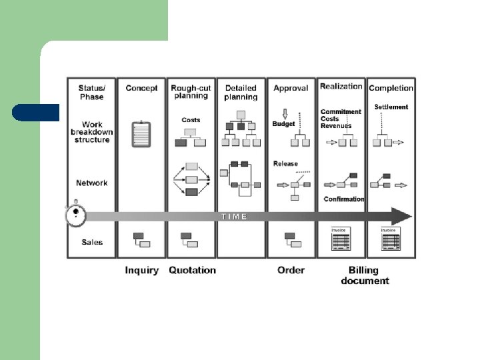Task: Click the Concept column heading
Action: [x=141, y=88]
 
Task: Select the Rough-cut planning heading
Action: [x=191, y=92]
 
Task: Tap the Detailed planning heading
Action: [x=241, y=92]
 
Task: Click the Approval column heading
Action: [x=291, y=88]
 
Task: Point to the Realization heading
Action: [x=341, y=87]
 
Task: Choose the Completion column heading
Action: [x=391, y=88]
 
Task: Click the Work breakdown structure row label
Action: [x=92, y=132]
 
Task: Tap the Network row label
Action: [x=92, y=183]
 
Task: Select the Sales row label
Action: [x=92, y=242]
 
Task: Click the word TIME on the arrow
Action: [x=235, y=216]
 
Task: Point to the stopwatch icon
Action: [x=76, y=213]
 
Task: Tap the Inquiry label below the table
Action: [x=142, y=270]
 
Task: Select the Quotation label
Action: [x=192, y=270]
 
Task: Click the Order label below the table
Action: [x=291, y=270]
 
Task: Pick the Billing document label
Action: [x=365, y=275]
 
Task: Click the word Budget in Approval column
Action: [x=283, y=124]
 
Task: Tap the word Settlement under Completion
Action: [x=391, y=107]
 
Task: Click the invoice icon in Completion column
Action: [x=390, y=239]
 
